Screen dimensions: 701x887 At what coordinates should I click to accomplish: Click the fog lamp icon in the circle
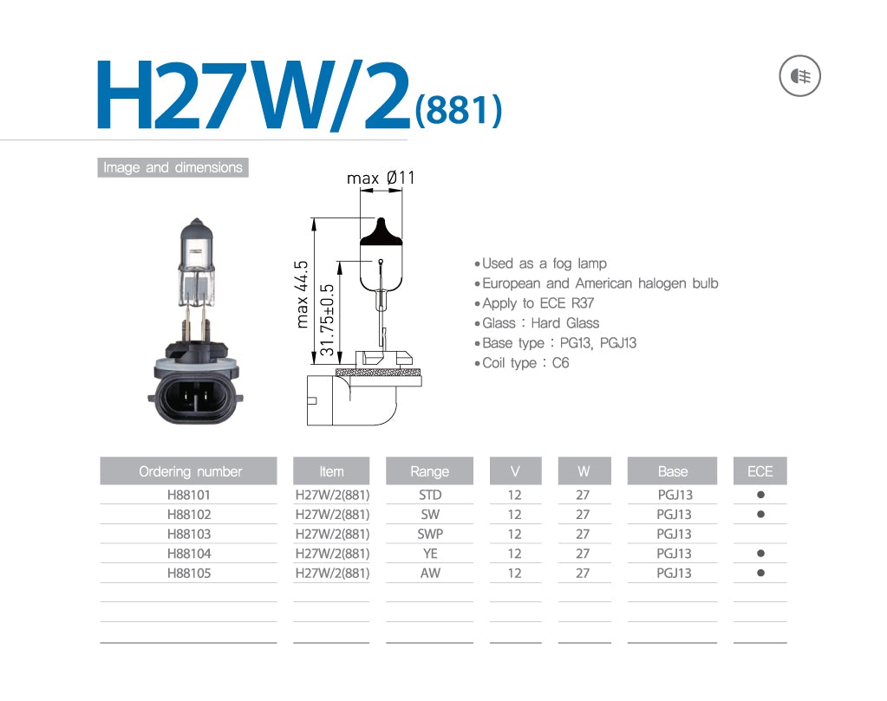(x=799, y=77)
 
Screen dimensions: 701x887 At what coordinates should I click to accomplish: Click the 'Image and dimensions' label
(x=173, y=167)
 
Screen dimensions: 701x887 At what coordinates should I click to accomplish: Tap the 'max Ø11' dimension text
(x=381, y=178)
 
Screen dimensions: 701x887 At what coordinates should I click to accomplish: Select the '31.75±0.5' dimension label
(x=328, y=320)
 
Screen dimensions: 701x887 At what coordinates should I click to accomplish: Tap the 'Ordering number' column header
(x=190, y=471)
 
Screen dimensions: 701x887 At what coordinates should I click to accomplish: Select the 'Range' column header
(x=429, y=471)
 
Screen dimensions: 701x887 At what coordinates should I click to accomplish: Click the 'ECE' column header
(x=760, y=471)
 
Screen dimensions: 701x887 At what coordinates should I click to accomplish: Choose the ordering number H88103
(x=188, y=534)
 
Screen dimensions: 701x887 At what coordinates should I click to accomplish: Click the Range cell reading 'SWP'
(x=429, y=534)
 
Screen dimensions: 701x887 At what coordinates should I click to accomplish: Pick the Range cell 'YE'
(x=429, y=554)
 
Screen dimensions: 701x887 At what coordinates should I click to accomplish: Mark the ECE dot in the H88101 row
(x=760, y=495)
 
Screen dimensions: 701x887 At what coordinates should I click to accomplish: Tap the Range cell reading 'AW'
(x=429, y=573)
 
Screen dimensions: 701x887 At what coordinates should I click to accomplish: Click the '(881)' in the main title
(x=458, y=110)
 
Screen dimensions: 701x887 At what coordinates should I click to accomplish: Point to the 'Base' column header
(x=673, y=471)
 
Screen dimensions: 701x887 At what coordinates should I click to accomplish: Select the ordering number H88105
(x=188, y=573)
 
